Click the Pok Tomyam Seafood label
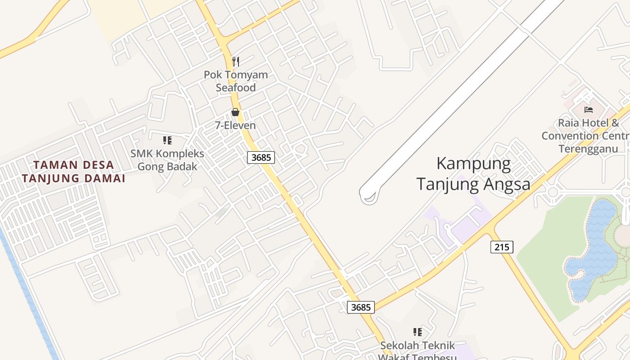(236, 81)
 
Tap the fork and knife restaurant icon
(235, 61)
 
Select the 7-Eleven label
(235, 126)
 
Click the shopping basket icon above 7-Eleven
(235, 112)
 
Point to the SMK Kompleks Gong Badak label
(167, 160)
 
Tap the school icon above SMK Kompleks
(167, 140)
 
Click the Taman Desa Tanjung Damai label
(73, 171)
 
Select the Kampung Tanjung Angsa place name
(473, 174)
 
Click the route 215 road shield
(502, 247)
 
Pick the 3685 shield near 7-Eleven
(261, 157)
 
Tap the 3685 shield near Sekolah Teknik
(361, 307)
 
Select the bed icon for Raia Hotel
(589, 109)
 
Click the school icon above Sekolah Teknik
(418, 332)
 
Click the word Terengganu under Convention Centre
(588, 149)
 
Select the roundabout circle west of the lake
(553, 193)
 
